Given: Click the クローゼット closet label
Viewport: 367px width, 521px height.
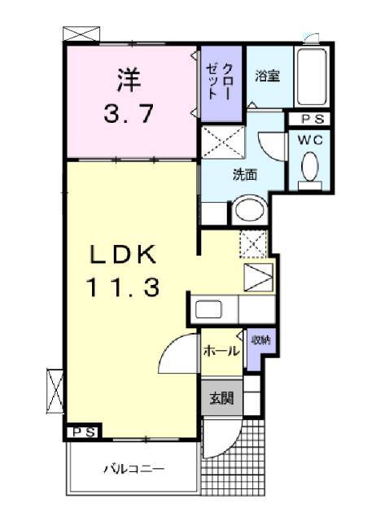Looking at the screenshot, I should (x=221, y=81).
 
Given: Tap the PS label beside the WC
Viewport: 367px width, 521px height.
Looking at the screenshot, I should (x=310, y=120).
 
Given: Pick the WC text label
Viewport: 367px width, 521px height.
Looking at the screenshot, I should (x=310, y=139).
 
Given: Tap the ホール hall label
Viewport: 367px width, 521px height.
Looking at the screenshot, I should (x=220, y=352).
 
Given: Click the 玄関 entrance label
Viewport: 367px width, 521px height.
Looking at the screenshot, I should (x=221, y=399).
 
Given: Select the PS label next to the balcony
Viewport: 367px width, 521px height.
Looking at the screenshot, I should (x=81, y=431).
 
